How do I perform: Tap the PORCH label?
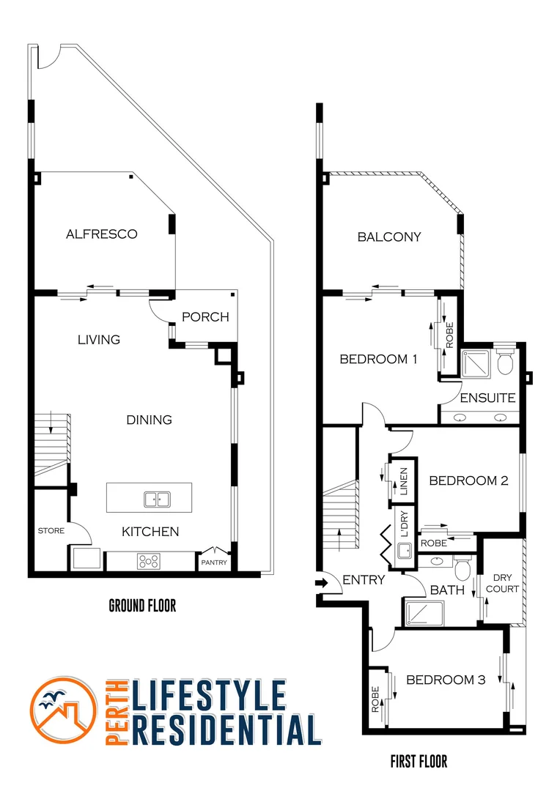pyautogui.click(x=205, y=317)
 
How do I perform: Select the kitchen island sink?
pyautogui.click(x=155, y=500)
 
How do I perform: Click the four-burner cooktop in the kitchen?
pyautogui.click(x=149, y=562)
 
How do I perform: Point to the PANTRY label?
pyautogui.click(x=214, y=562)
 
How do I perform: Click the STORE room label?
pyautogui.click(x=51, y=531)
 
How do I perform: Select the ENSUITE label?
pyautogui.click(x=487, y=398)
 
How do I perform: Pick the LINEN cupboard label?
pyautogui.click(x=403, y=481)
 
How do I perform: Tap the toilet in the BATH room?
pyautogui.click(x=463, y=568)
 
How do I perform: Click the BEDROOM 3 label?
pyautogui.click(x=446, y=680)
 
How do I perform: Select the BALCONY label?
pyautogui.click(x=389, y=237)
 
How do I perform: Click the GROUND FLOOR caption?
pyautogui.click(x=142, y=606)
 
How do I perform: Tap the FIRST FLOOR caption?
pyautogui.click(x=419, y=762)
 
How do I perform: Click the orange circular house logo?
pyautogui.click(x=64, y=710)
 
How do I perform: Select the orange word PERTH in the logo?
pyautogui.click(x=117, y=710)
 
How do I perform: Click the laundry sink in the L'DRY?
pyautogui.click(x=404, y=551)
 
